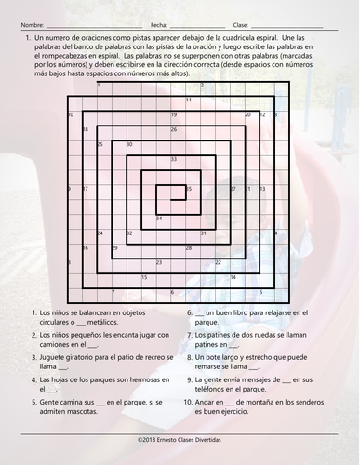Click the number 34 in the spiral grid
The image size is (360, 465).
[x=159, y=219]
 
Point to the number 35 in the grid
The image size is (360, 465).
[x=190, y=188]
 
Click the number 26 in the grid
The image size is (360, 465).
[x=174, y=129]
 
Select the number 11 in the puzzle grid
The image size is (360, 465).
[x=189, y=99]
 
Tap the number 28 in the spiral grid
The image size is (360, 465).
[x=189, y=248]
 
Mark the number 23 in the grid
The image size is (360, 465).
[x=159, y=264]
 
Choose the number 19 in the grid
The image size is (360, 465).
[x=174, y=113]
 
